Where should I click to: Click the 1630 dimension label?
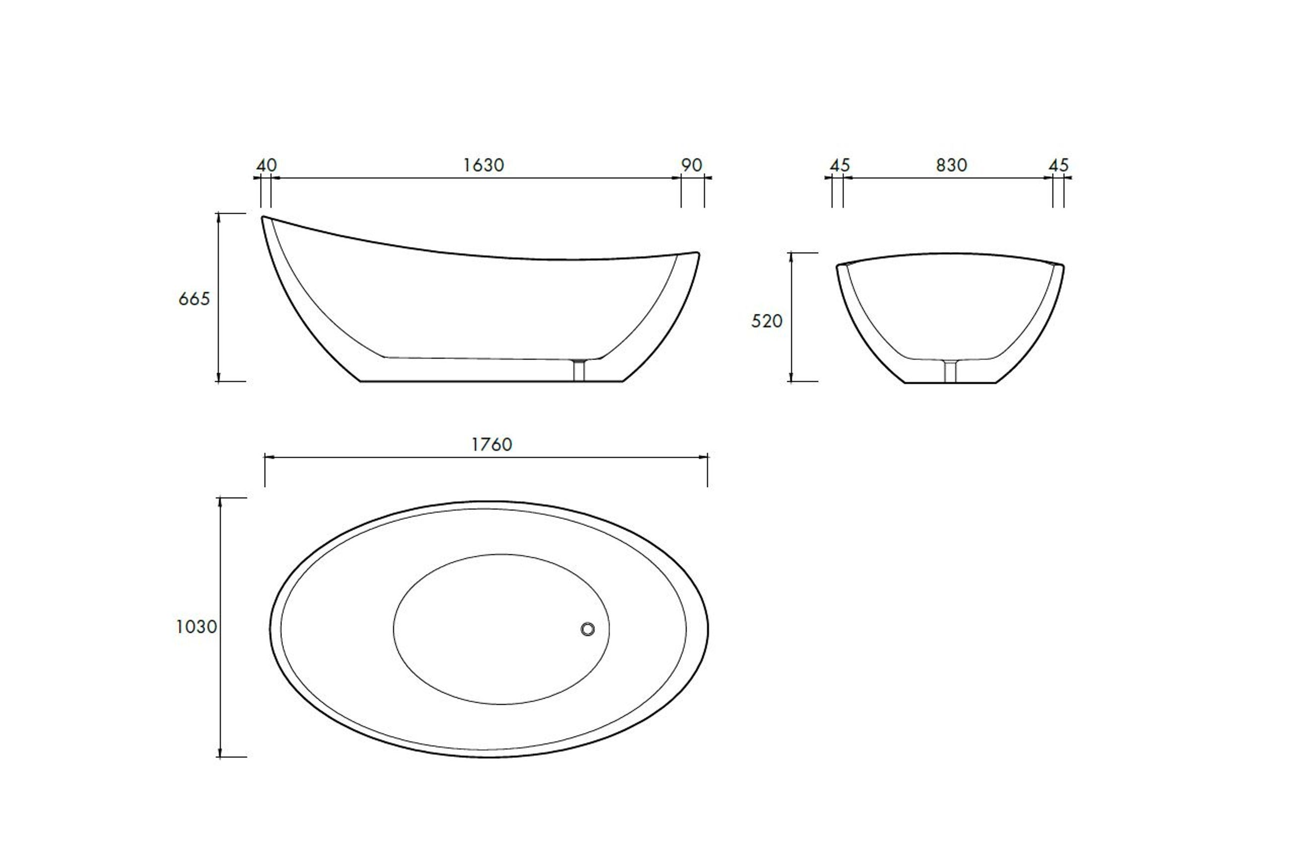[x=483, y=165]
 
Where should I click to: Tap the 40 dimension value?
[x=267, y=165]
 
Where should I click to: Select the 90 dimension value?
[x=692, y=165]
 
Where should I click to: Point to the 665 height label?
[x=194, y=299]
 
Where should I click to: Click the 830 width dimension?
[x=952, y=165]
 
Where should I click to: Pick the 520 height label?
[x=767, y=321]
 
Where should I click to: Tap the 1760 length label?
[x=492, y=444]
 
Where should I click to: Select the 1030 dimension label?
[x=196, y=626]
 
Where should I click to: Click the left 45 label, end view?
[x=840, y=165]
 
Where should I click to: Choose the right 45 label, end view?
[x=1058, y=165]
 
